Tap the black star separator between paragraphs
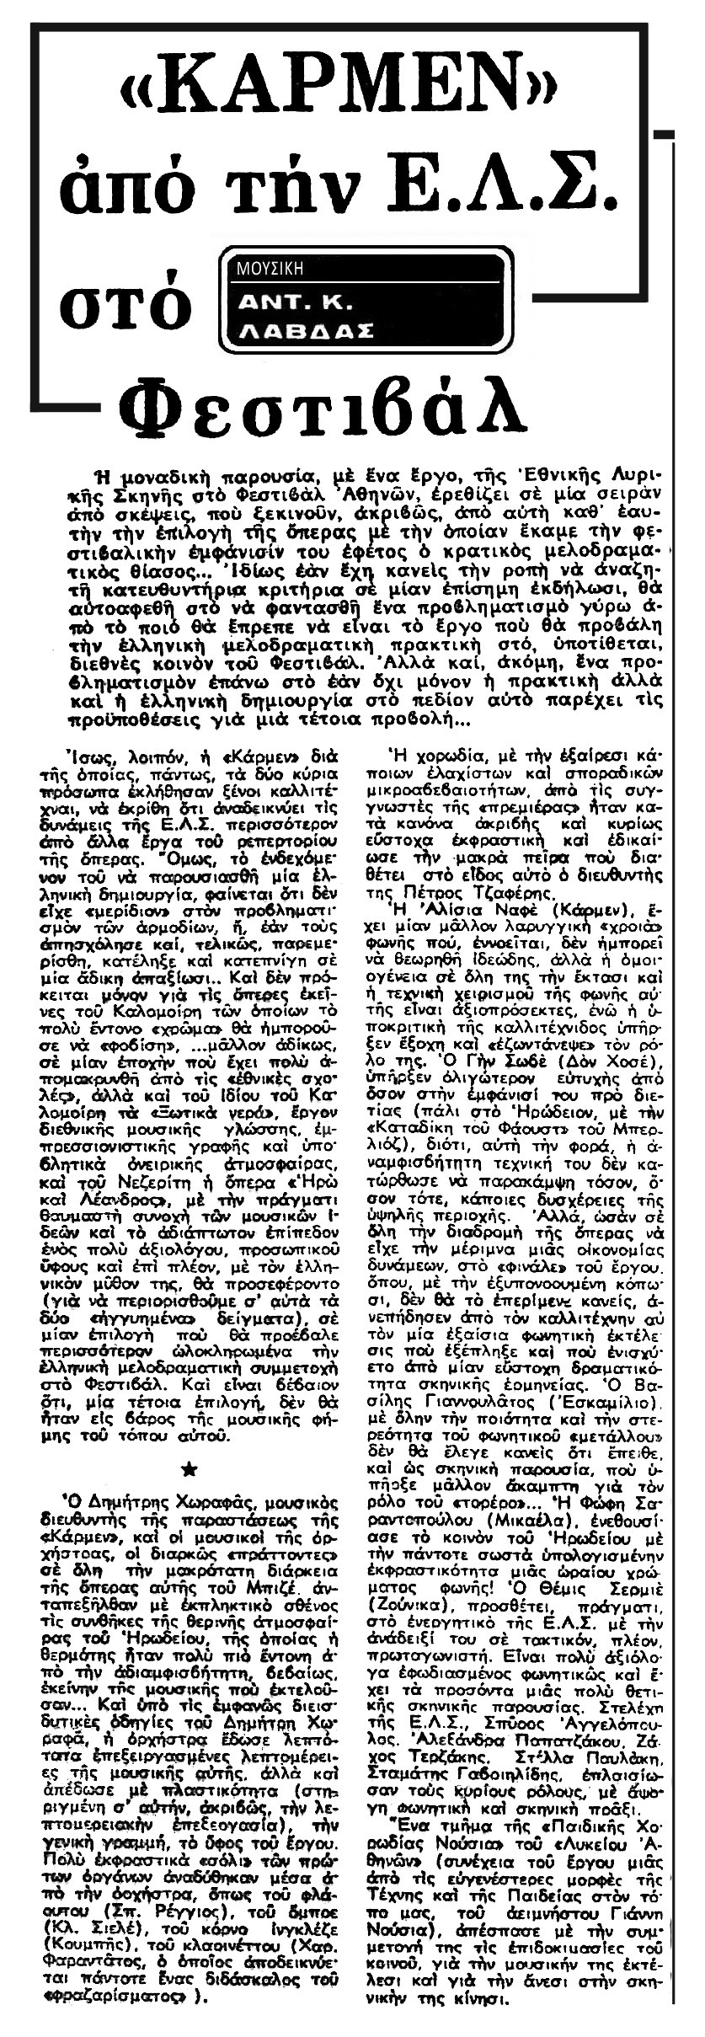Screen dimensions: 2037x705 click(196, 1470)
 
